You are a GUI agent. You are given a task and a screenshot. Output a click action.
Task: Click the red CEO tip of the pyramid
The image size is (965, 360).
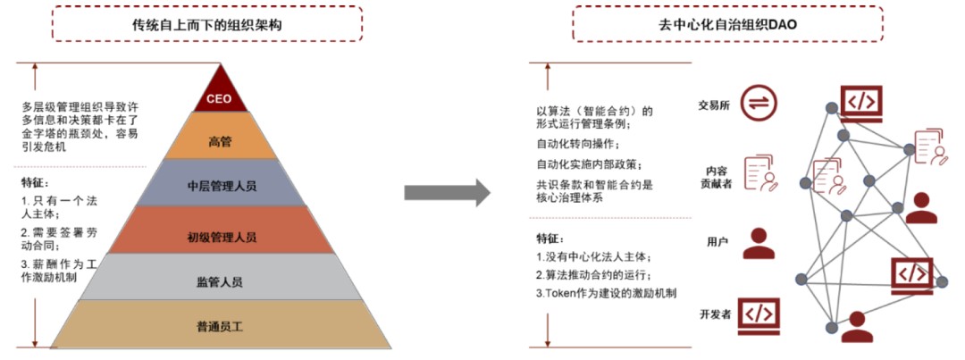220,96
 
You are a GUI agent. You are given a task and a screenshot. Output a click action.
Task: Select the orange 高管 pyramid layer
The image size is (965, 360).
220,141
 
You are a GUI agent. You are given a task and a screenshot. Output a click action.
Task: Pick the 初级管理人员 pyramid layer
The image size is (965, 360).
221,236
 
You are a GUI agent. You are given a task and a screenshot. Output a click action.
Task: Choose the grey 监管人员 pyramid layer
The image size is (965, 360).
220,281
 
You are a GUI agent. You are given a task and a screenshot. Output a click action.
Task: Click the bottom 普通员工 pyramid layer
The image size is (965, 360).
220,326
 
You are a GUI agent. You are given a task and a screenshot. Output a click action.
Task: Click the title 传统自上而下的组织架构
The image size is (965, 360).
206,24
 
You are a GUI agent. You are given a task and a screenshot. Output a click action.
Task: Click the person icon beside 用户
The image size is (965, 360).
759,243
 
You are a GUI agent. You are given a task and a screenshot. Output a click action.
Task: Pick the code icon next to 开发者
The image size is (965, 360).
758,314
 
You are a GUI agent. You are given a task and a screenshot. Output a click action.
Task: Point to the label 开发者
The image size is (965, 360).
715,314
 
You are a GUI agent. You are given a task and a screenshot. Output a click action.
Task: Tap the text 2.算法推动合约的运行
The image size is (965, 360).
592,275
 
